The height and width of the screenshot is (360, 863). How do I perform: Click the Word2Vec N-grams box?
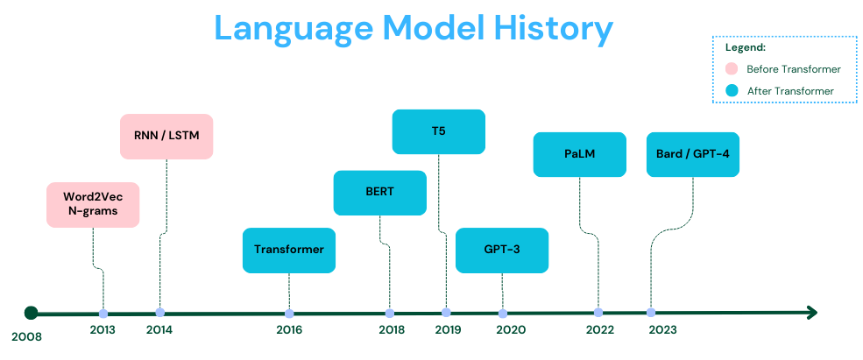(x=93, y=204)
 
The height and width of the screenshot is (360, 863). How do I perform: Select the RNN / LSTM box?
(x=166, y=137)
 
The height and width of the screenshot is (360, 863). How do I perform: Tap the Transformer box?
(x=289, y=250)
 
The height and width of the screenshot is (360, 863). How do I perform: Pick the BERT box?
(x=379, y=193)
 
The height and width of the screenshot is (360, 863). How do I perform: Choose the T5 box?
(x=438, y=131)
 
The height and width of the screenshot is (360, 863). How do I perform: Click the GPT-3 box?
(x=502, y=250)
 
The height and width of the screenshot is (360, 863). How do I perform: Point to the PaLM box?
(x=579, y=154)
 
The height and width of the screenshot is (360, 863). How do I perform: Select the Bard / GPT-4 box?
(x=692, y=154)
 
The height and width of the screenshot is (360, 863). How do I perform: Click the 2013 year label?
(x=103, y=330)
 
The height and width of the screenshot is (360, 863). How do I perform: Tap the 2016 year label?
(x=289, y=330)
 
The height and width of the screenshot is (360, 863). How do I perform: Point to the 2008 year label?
(x=26, y=335)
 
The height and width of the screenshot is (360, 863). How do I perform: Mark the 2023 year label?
(x=662, y=330)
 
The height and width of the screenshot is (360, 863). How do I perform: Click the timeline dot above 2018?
(x=389, y=313)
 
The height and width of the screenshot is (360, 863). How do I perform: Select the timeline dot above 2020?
(x=502, y=313)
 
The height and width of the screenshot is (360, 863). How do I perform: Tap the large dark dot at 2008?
(x=32, y=313)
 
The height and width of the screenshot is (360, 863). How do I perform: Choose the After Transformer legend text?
(x=789, y=90)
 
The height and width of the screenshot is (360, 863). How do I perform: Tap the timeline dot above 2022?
(x=598, y=313)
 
